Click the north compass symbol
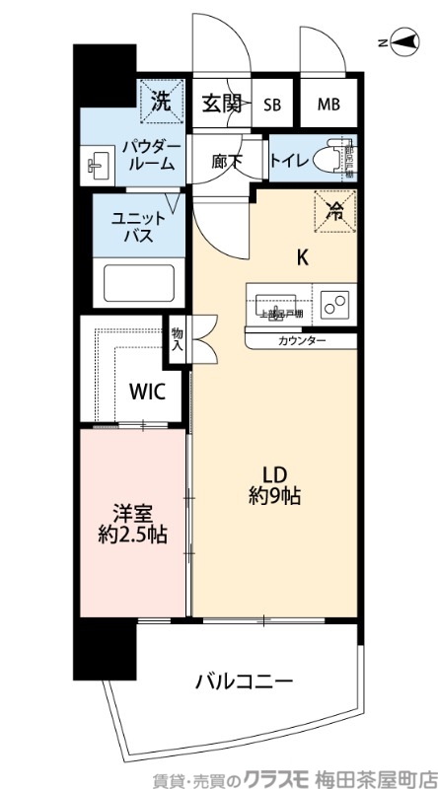pyautogui.click(x=401, y=40)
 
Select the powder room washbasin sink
pyautogui.click(x=98, y=163)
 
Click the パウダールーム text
pyautogui.click(x=149, y=155)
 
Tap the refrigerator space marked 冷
pyautogui.click(x=335, y=208)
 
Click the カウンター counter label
pyautogui.click(x=301, y=340)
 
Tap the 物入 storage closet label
pyautogui.click(x=178, y=339)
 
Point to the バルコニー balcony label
pyautogui.click(x=243, y=681)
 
